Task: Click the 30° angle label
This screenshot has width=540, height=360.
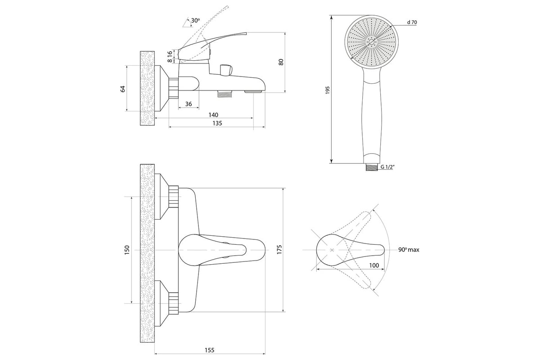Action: point(195,20)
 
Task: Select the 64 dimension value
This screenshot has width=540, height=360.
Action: point(122,89)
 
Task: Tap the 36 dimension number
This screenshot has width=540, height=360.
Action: point(188,104)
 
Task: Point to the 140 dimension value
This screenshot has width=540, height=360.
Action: point(213,114)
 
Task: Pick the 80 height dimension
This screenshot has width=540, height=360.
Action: point(281,62)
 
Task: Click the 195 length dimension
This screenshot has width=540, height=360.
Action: point(328,90)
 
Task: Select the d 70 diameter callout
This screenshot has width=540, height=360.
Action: point(412,22)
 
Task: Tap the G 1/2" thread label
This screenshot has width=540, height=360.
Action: point(387,167)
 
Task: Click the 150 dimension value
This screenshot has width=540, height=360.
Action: point(127,250)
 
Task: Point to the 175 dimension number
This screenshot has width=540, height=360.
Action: point(279,250)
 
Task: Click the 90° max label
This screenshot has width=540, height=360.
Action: point(409,250)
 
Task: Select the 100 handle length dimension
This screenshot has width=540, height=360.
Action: point(373,265)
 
